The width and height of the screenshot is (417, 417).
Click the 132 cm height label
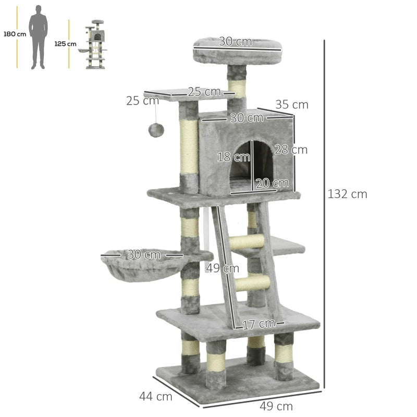tap(347, 194)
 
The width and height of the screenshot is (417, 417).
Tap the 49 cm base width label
tap(276, 406)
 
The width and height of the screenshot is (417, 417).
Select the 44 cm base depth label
tap(155, 396)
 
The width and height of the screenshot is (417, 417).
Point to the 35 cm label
tap(292, 105)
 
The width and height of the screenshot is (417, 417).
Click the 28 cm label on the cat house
tap(291, 150)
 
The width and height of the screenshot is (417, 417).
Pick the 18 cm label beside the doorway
tap(229, 157)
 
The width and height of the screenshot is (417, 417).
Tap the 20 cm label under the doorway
tap(272, 183)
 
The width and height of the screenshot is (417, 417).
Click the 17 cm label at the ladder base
tap(258, 324)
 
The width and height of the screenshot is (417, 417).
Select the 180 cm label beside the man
tap(15, 34)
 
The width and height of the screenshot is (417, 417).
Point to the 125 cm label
tap(65, 44)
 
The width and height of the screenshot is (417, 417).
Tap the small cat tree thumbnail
tap(95, 45)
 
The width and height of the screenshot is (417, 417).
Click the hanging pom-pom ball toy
tap(156, 130)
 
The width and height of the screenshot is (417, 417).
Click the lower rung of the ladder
tap(252, 283)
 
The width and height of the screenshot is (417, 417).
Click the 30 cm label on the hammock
tap(144, 255)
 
